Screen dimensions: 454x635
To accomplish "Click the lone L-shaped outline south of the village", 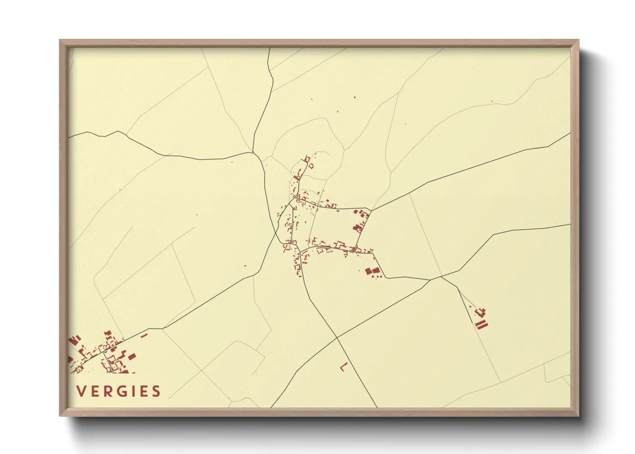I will click(x=343, y=367).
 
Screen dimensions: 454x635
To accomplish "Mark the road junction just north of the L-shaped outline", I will click(x=338, y=338).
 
